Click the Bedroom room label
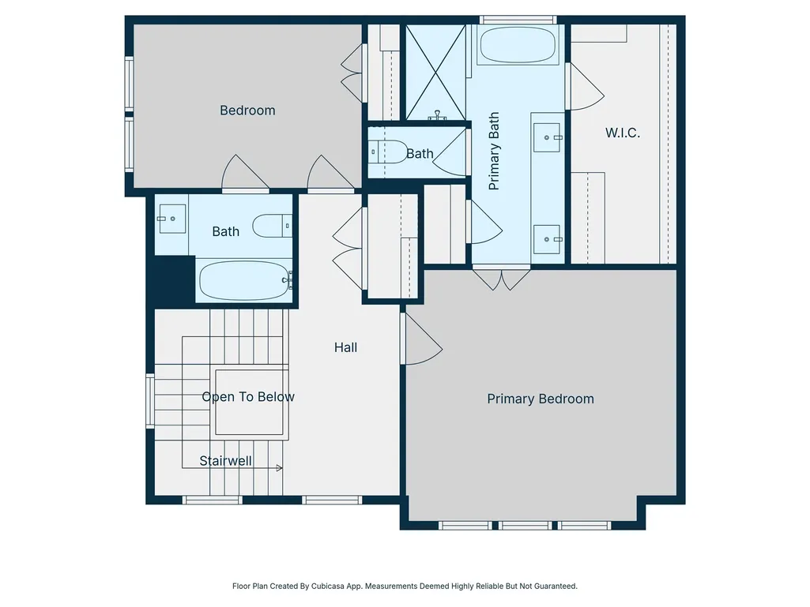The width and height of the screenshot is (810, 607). click(x=247, y=111)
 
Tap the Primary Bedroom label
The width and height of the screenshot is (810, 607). click(x=541, y=399)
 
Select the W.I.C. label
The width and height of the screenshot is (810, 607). click(x=623, y=133)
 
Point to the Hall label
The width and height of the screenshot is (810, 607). click(x=345, y=347)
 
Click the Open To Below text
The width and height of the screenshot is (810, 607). click(x=248, y=397)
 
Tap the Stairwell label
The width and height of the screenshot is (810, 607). click(x=226, y=461)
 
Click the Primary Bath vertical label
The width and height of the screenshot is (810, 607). click(x=494, y=152)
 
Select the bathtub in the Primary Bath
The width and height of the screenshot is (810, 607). click(x=518, y=45)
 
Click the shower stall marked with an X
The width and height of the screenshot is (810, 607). click(x=435, y=73)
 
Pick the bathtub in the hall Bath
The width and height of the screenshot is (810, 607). click(x=244, y=280)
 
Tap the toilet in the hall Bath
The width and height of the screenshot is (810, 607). click(x=272, y=226)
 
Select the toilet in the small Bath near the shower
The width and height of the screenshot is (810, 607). click(x=388, y=152)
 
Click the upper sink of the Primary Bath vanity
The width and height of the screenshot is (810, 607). click(x=547, y=137)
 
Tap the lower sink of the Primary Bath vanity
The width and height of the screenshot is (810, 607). click(x=547, y=239)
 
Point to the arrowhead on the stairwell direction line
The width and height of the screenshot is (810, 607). click(x=280, y=468)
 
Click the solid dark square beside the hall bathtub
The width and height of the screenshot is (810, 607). click(x=175, y=282)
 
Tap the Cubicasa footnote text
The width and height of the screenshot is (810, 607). click(x=405, y=586)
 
